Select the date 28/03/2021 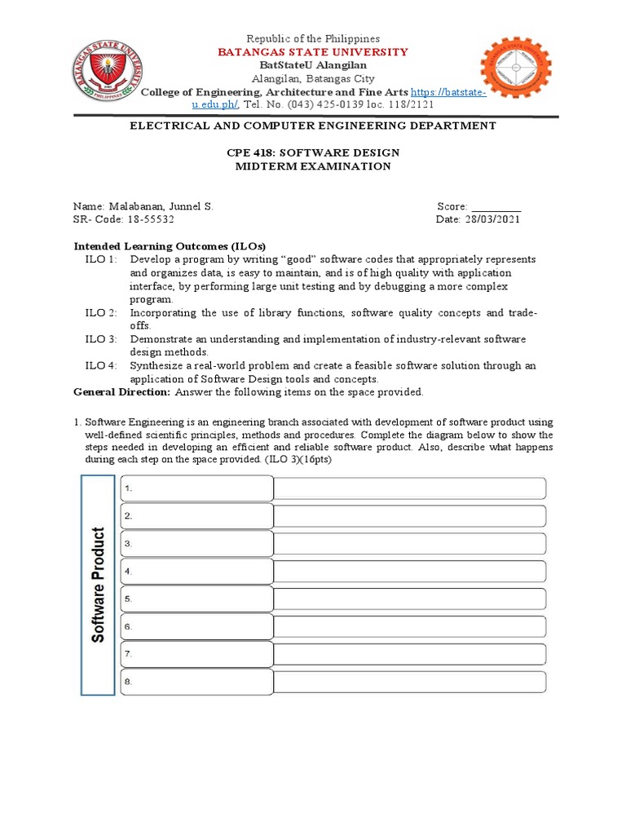click(490, 220)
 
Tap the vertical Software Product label click(99, 585)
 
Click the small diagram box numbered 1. click(196, 488)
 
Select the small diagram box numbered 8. click(196, 682)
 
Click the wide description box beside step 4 click(409, 571)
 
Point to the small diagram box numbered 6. click(196, 626)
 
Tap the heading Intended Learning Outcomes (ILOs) click(170, 246)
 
